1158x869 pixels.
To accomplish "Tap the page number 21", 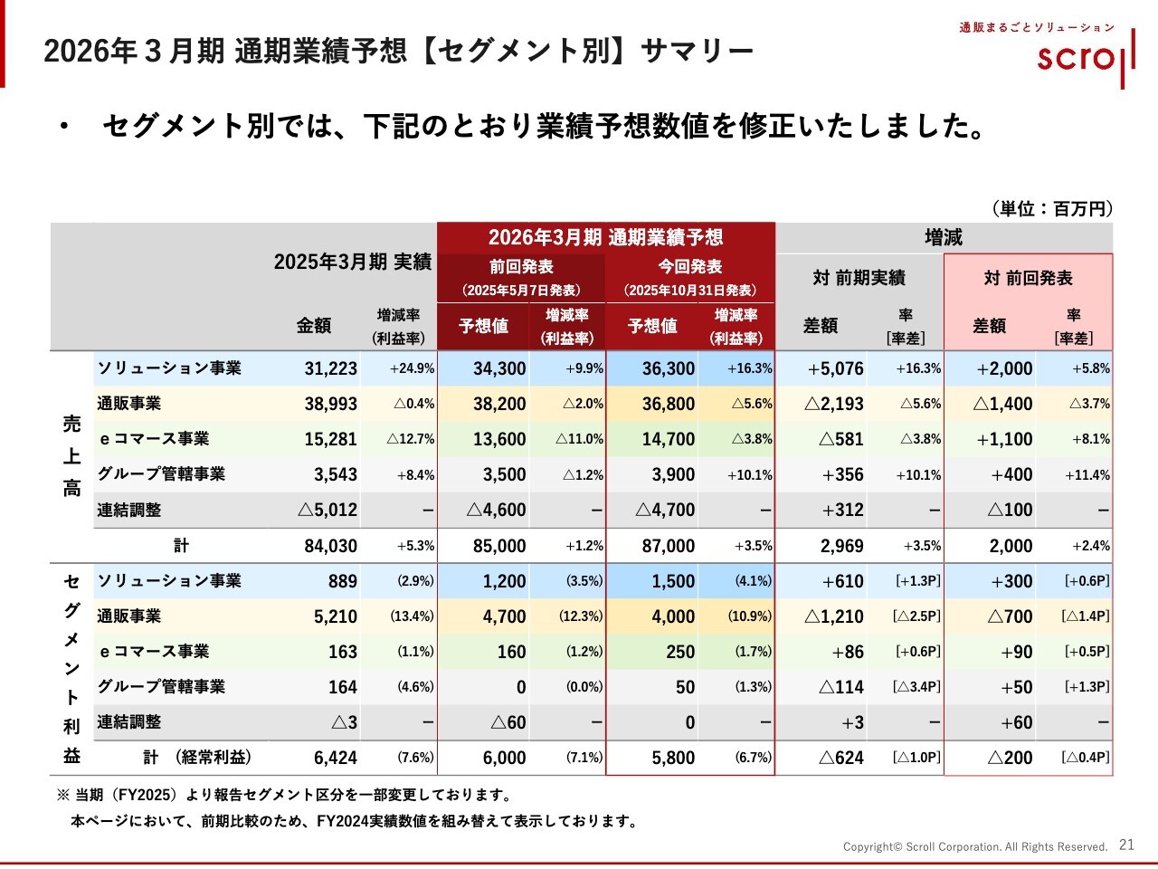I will point(1126,845).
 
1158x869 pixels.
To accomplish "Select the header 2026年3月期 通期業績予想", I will point(605,237).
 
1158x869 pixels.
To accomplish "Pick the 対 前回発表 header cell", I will point(1028,278).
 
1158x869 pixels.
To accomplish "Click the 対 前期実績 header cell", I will point(859,278).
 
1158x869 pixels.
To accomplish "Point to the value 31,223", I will point(331,368).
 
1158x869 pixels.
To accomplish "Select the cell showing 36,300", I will point(669,368).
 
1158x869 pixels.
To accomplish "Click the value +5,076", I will point(835,368).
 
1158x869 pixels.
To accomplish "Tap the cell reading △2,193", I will point(833,404).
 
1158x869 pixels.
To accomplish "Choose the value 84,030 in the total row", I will point(331,546).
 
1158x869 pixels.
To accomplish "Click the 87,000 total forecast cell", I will point(669,546).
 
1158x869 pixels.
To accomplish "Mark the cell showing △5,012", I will point(327,510).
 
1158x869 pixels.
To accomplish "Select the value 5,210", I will point(336,616).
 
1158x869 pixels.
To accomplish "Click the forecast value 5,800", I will point(673,758).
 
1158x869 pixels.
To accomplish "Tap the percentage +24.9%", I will point(412,368).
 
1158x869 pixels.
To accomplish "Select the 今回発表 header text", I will point(689,266).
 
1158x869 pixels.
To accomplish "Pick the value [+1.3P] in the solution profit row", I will point(918,581).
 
